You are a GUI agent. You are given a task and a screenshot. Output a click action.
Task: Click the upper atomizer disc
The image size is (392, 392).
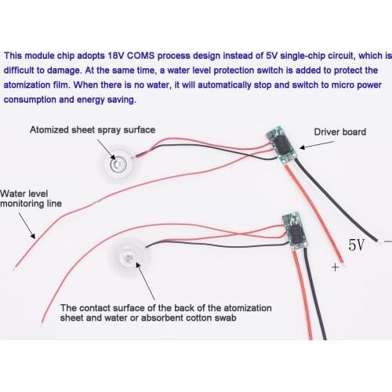(117, 163)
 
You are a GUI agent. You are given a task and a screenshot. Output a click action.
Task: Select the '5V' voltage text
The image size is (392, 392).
(357, 245)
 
